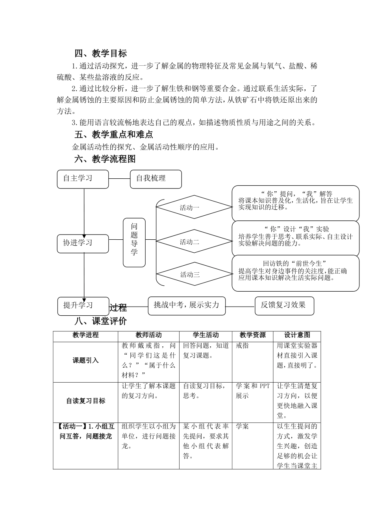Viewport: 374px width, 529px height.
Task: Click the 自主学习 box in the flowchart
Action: (x=83, y=179)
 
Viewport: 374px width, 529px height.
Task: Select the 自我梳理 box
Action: (x=156, y=179)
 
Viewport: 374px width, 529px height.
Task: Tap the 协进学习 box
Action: (x=83, y=243)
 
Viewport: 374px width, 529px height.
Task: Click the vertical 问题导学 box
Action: (x=134, y=242)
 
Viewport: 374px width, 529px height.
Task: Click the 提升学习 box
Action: (x=83, y=306)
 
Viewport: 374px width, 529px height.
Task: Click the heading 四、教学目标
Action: (x=101, y=54)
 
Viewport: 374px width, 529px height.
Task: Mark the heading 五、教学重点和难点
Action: (x=114, y=135)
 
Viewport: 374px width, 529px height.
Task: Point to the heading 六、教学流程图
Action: (x=105, y=159)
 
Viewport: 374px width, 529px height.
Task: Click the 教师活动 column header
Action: (x=148, y=335)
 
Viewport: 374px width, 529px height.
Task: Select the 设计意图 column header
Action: (x=297, y=335)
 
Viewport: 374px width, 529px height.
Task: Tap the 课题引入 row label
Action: (x=85, y=361)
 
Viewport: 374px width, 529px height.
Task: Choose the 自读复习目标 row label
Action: (x=85, y=401)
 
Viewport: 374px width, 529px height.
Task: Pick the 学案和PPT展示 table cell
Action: (x=252, y=391)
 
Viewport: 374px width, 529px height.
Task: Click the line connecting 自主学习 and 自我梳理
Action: (x=119, y=179)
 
